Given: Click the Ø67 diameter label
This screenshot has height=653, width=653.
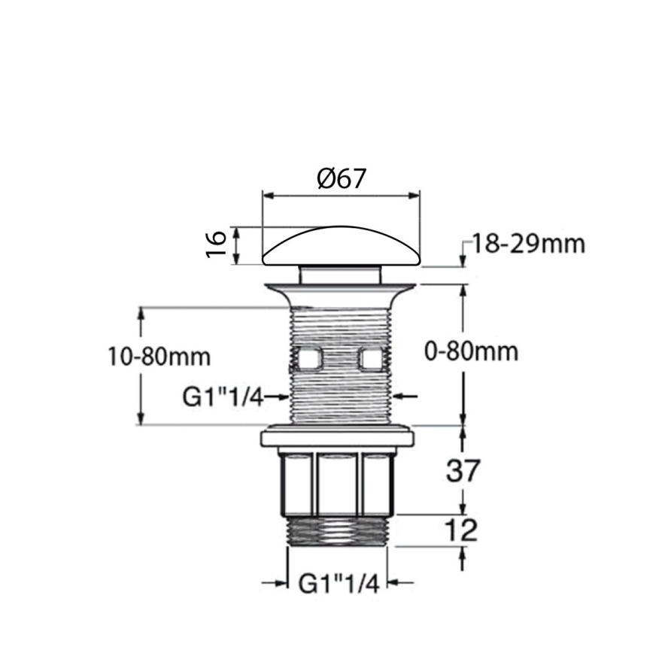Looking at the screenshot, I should [x=341, y=179].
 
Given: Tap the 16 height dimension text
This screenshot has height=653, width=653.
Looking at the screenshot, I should [x=216, y=244].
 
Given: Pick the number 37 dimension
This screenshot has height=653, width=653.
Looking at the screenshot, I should [x=463, y=472].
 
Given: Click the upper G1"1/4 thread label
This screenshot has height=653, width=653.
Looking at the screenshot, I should [x=223, y=396].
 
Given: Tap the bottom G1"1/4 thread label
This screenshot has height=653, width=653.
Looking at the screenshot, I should [x=339, y=583].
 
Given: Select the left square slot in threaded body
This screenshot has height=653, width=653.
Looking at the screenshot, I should [x=308, y=360].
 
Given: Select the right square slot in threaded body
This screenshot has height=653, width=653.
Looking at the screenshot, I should [x=372, y=360].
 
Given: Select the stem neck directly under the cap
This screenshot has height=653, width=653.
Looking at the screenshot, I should [x=340, y=272].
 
